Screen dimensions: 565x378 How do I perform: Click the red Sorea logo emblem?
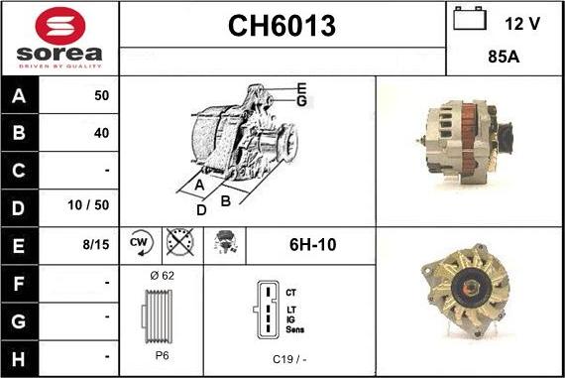(60, 26)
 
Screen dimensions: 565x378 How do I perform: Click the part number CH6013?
(282, 26)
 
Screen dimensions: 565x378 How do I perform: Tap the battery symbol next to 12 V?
(470, 19)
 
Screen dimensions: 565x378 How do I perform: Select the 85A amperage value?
(504, 57)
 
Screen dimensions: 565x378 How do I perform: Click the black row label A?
(19, 96)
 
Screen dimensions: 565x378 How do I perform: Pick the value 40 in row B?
(101, 133)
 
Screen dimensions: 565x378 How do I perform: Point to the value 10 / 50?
(88, 205)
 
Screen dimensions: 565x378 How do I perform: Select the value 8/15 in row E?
(96, 244)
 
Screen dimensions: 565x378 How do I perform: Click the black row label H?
(19, 359)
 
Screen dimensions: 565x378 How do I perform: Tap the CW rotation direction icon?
(141, 243)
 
